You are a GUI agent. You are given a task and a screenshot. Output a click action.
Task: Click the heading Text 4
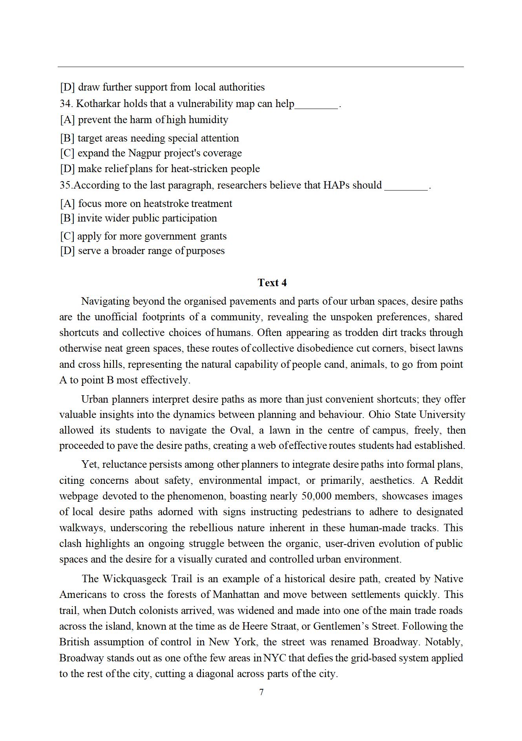(272, 283)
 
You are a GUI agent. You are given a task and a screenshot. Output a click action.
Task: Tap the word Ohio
(380, 414)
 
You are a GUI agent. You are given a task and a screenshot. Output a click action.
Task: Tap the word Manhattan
(236, 594)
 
